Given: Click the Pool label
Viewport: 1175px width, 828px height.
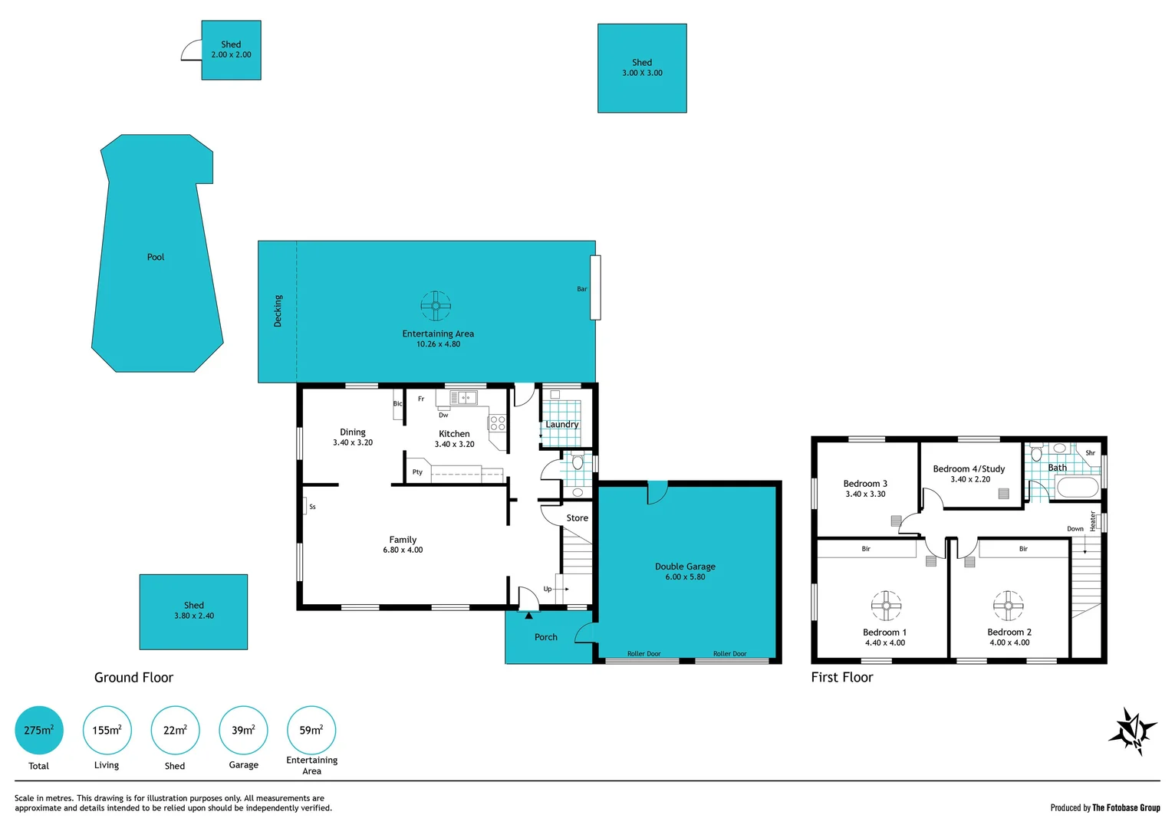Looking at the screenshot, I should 156,257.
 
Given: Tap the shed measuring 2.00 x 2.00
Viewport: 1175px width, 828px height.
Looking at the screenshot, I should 231,50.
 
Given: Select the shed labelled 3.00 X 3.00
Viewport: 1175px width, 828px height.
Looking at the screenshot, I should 642,68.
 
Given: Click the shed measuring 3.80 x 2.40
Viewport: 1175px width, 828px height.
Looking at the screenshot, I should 193,611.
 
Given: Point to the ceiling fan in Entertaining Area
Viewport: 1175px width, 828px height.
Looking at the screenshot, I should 436,306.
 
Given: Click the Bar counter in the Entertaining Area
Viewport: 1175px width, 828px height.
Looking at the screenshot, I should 595,287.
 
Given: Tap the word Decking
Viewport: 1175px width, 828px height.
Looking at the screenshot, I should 278,311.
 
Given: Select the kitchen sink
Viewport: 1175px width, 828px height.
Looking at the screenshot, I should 463,398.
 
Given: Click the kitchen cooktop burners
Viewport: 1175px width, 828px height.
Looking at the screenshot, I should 498,422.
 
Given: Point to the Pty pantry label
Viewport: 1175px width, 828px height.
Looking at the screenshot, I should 417,472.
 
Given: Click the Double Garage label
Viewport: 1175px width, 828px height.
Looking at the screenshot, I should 685,567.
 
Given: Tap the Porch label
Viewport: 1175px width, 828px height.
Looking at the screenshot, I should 546,637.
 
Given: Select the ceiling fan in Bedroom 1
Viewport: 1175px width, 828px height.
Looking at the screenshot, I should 886,605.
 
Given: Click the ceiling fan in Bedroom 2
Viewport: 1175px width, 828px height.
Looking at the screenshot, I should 1008,606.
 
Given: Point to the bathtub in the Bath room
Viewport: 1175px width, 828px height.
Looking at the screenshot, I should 1078,488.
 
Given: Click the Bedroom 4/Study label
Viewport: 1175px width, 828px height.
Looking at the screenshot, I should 969,468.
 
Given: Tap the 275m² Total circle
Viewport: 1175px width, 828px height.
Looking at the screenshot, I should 39,730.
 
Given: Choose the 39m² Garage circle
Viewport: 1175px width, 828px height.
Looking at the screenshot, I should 244,730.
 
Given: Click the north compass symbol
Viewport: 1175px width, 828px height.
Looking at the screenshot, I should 1132,731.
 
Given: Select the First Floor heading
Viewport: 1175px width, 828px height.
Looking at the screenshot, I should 842,677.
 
